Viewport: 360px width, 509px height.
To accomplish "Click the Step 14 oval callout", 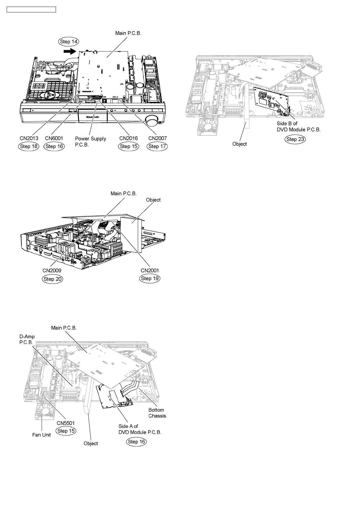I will click(69, 42).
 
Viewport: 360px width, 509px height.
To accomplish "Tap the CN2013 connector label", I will click(29, 138).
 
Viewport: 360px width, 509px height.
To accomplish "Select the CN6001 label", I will click(54, 138).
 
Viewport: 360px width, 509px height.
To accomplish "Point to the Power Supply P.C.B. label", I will click(90, 141).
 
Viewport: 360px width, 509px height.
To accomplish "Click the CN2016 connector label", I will click(129, 138).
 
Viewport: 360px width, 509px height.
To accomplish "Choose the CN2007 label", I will click(157, 138).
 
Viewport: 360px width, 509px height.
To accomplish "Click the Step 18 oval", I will click(29, 146).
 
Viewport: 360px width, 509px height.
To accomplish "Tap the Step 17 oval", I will click(157, 146).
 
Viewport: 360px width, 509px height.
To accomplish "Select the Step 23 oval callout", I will click(295, 139).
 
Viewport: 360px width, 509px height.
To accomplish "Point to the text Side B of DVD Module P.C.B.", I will click(298, 126).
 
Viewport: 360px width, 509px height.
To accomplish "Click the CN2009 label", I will click(52, 271).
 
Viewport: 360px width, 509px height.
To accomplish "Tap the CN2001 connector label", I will click(150, 271).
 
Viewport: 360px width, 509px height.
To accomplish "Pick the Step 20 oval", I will click(53, 279).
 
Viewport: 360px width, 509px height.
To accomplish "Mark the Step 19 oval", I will click(150, 278).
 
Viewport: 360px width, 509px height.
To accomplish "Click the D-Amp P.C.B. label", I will click(27, 339).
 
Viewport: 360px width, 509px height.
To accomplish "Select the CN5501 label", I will click(66, 423).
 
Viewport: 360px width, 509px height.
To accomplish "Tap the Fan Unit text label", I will click(41, 435).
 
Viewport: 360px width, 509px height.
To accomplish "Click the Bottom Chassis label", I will click(157, 413).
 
